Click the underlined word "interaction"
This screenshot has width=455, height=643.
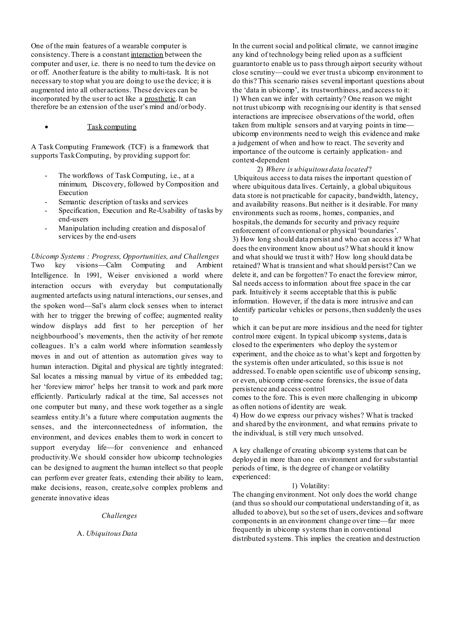click(147, 55)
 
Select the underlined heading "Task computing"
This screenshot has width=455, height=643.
click(112, 127)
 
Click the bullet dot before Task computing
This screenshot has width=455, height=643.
click(46, 127)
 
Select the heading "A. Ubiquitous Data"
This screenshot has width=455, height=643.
click(107, 533)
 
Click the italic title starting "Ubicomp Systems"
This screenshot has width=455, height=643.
click(125, 256)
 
